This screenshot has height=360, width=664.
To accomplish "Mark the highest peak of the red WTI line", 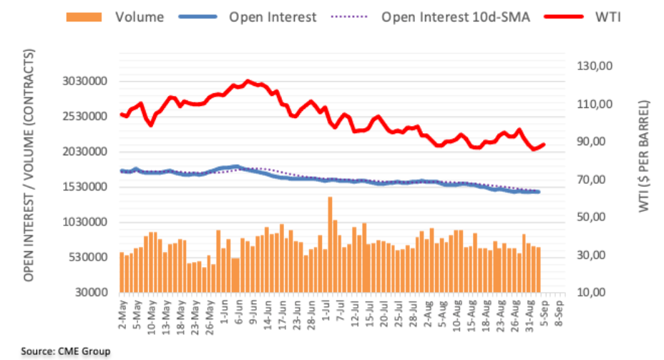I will [x=248, y=81].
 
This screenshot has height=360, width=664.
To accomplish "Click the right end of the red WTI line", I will [x=545, y=145].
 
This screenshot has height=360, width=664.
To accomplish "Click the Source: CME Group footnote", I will [x=66, y=351].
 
